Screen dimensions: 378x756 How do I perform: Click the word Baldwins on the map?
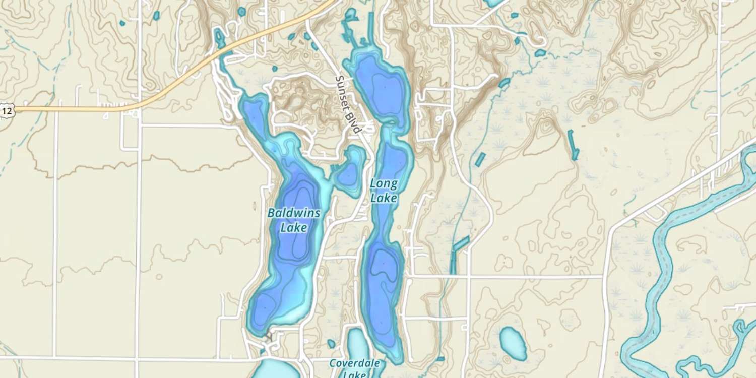(x=293, y=213)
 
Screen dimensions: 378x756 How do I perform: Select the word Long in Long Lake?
(x=384, y=183)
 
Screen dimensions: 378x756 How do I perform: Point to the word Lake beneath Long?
(x=384, y=198)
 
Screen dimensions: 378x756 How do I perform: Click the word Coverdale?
(x=354, y=363)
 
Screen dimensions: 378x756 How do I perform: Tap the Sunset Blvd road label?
(x=348, y=104)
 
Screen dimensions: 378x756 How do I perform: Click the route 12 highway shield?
(x=7, y=110)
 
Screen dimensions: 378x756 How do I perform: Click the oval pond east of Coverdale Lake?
(x=514, y=343)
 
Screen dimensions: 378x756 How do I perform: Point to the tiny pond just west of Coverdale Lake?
(x=331, y=344)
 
